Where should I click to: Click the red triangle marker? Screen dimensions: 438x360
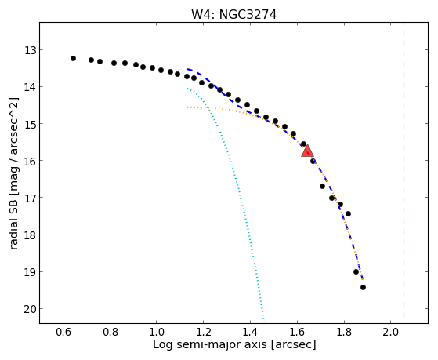(307, 151)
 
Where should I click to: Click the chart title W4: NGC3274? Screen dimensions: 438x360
(233, 15)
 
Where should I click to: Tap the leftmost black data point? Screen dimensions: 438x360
(73, 59)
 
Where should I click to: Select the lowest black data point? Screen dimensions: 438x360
(363, 288)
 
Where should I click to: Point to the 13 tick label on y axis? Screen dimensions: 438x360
(31, 50)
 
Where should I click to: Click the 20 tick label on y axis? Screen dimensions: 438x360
(31, 309)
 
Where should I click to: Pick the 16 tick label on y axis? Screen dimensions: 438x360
(31, 161)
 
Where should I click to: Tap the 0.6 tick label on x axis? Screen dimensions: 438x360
(63, 332)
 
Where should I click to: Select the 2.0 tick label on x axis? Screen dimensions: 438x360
(391, 332)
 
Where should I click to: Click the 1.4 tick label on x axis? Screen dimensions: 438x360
(250, 332)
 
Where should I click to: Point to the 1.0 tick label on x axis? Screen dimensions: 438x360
(157, 332)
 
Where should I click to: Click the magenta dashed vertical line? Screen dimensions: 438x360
(404, 170)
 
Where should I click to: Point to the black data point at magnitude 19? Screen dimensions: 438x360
(357, 272)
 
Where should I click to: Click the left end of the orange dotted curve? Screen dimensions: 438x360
(187, 107)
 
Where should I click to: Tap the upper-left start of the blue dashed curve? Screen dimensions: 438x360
(188, 69)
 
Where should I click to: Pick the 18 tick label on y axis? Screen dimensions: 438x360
(31, 235)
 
